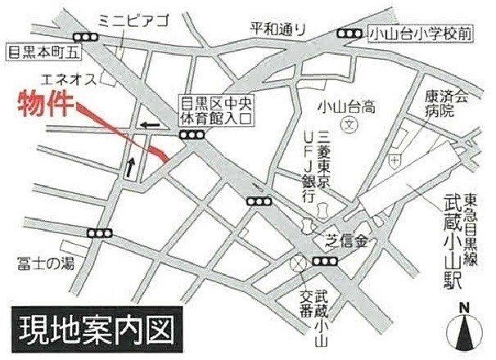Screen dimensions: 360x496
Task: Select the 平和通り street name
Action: [277, 28]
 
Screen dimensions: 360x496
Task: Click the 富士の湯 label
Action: [44, 263]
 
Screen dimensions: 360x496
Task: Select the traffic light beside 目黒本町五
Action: [83, 37]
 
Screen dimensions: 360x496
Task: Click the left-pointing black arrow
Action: [150, 125]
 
